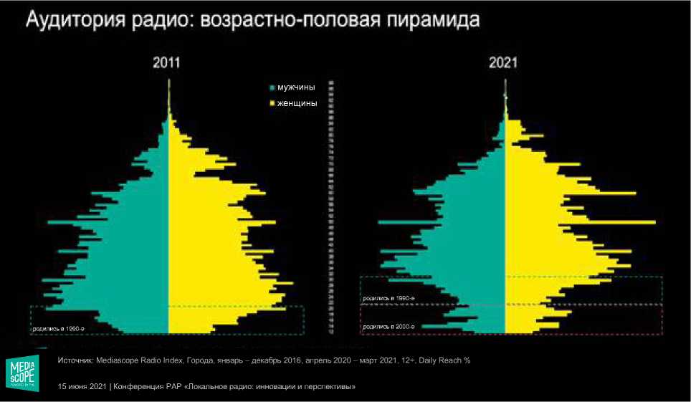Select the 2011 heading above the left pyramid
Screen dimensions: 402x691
166,64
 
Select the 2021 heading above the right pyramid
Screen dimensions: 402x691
503,64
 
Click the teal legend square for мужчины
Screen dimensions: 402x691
272,88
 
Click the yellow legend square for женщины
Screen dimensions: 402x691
272,104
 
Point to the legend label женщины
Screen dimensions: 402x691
297,104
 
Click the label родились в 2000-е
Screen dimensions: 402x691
389,326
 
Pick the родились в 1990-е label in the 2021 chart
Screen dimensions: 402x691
389,297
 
